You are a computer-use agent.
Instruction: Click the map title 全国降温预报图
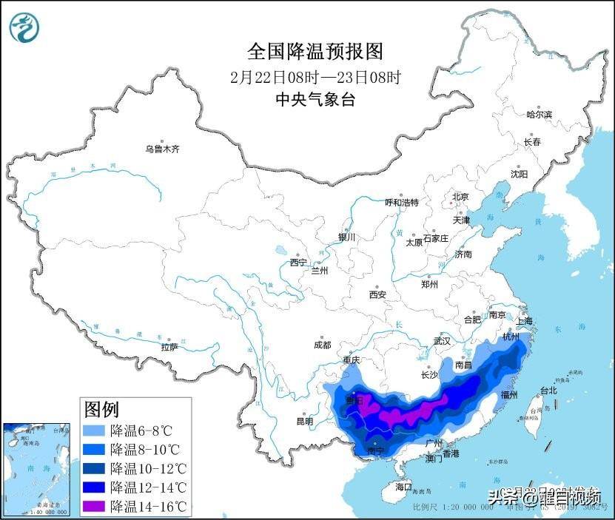click(x=315, y=51)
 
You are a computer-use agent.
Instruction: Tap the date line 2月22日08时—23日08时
click(x=315, y=76)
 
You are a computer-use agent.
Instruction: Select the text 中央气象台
click(x=315, y=99)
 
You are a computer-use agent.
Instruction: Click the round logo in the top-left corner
click(x=25, y=27)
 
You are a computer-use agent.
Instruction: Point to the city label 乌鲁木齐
click(x=162, y=149)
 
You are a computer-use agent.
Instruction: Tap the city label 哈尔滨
click(x=539, y=115)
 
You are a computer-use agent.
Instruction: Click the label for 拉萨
click(x=169, y=347)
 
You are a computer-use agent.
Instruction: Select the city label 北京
click(x=460, y=197)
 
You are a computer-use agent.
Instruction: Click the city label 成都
click(x=322, y=345)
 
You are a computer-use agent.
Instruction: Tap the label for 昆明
click(x=305, y=421)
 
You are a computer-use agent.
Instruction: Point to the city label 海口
click(x=403, y=487)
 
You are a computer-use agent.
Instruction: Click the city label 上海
click(x=525, y=321)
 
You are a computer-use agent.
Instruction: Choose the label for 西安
click(x=377, y=294)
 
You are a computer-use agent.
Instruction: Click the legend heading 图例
click(x=102, y=409)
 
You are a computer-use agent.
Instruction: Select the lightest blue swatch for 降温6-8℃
click(x=94, y=430)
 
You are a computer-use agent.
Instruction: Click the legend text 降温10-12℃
click(x=148, y=468)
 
